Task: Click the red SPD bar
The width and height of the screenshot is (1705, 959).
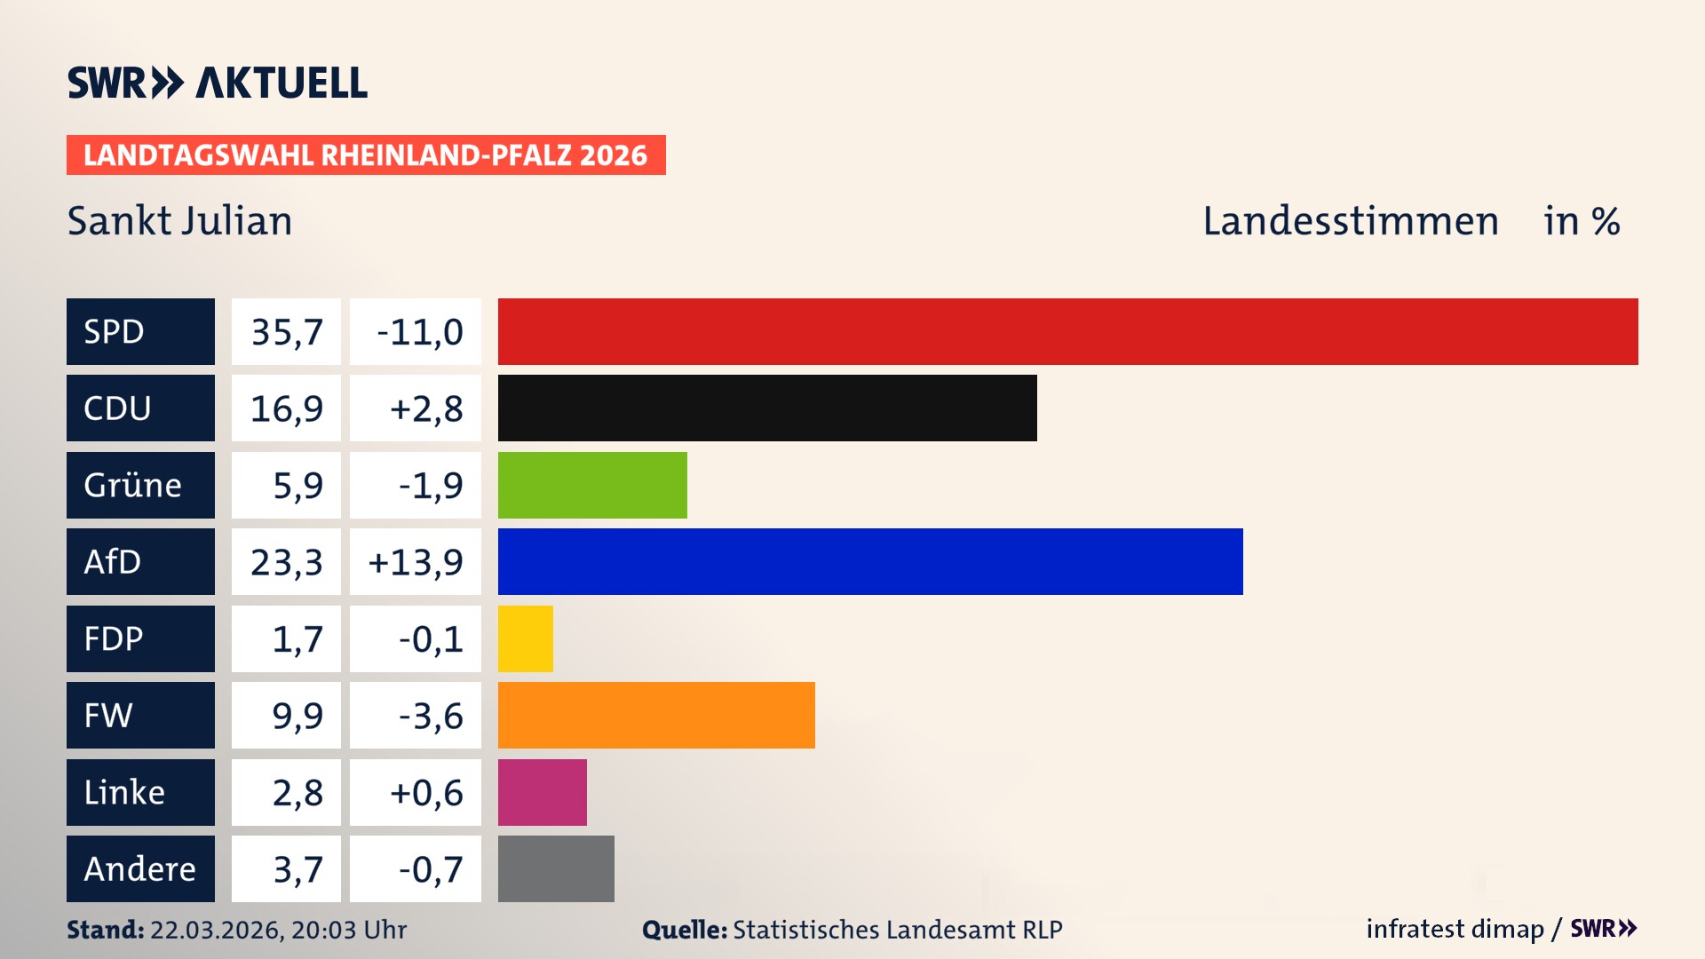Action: click(1067, 331)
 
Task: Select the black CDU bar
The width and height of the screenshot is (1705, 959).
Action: click(767, 408)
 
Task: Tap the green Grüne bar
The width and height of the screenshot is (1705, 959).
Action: click(592, 485)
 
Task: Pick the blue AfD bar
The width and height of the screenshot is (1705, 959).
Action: click(870, 561)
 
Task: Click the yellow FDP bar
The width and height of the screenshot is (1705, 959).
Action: click(525, 638)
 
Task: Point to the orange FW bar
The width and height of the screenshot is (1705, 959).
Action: click(656, 715)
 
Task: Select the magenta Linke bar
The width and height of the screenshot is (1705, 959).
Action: click(542, 792)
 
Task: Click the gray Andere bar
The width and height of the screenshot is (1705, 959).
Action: click(556, 868)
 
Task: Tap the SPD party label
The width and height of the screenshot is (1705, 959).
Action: click(140, 331)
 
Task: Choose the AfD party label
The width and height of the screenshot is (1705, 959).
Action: click(140, 561)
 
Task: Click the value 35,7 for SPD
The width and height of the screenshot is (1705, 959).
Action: click(286, 331)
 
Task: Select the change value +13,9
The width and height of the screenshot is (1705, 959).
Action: click(416, 561)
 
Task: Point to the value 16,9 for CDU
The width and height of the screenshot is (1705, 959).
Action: click(286, 408)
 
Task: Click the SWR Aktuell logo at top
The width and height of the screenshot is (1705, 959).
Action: click(217, 83)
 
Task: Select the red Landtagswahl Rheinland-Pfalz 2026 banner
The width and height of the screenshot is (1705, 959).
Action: click(366, 155)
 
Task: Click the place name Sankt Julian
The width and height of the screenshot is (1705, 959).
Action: click(179, 220)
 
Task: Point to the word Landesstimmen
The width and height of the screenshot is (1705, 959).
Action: click(1350, 220)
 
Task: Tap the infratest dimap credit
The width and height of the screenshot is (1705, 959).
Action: click(1455, 929)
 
